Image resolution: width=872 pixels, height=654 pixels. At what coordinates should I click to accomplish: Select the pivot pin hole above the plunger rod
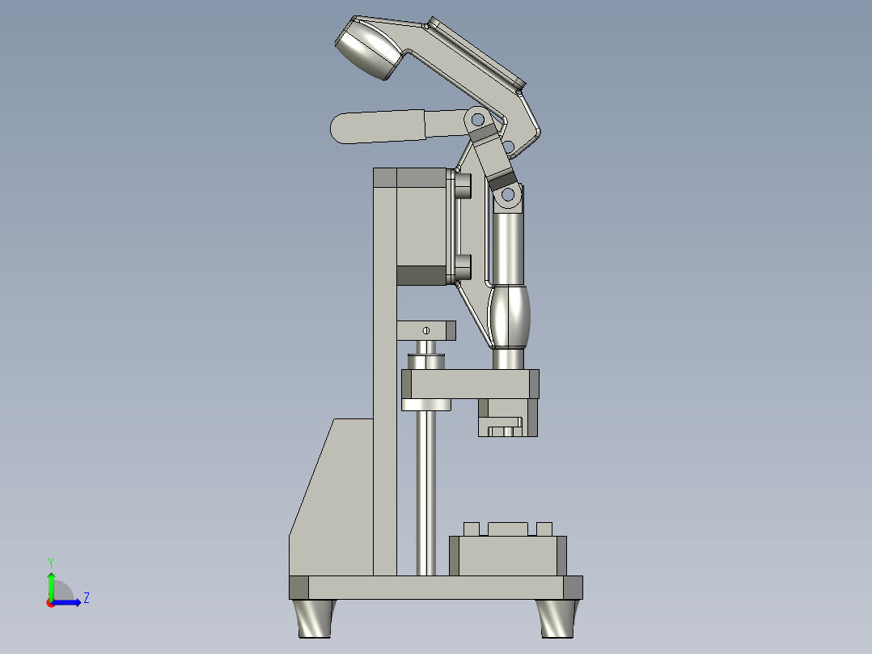coord(507,194)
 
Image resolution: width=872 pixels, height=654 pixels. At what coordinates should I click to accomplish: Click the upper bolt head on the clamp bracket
coord(464,188)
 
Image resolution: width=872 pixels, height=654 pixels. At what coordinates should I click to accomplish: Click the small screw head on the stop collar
coord(425,329)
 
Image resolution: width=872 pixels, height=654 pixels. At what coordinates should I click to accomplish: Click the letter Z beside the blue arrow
coord(86,598)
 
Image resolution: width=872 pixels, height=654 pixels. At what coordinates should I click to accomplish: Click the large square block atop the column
coord(421,227)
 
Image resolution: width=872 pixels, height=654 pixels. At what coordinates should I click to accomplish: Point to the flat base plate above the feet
coord(437,588)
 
